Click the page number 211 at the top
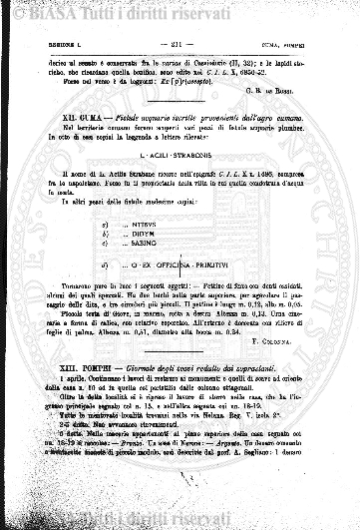(178, 47)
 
